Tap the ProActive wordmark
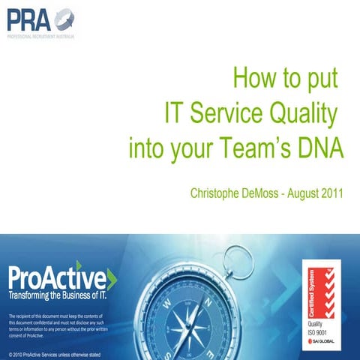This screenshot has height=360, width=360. [57, 279]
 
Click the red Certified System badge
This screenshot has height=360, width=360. [320, 289]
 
